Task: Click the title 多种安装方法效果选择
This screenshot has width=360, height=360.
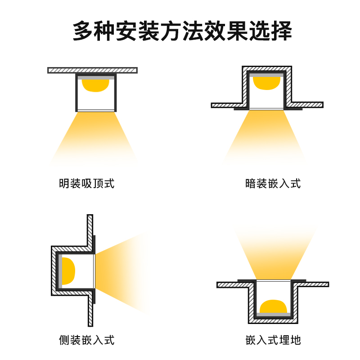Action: [182, 31]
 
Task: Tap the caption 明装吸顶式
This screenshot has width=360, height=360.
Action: [86, 184]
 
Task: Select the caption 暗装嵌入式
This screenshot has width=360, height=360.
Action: [273, 184]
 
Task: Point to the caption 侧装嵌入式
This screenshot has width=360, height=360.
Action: [86, 340]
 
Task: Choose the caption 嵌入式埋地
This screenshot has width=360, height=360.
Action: [273, 340]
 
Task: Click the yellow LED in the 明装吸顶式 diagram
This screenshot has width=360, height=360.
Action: [95, 85]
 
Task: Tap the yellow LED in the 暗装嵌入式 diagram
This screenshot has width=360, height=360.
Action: [266, 83]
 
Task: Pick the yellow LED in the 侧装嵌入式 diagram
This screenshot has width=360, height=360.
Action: [68, 271]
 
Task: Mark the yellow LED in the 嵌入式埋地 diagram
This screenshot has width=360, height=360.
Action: [273, 306]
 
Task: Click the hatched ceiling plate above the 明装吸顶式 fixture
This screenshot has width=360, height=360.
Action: [93, 70]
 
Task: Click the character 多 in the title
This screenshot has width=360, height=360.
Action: [83, 31]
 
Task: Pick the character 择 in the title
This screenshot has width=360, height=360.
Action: [282, 31]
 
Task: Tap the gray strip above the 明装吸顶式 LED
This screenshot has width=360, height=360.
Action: [96, 78]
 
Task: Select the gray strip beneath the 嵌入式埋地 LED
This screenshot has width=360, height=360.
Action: [273, 315]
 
